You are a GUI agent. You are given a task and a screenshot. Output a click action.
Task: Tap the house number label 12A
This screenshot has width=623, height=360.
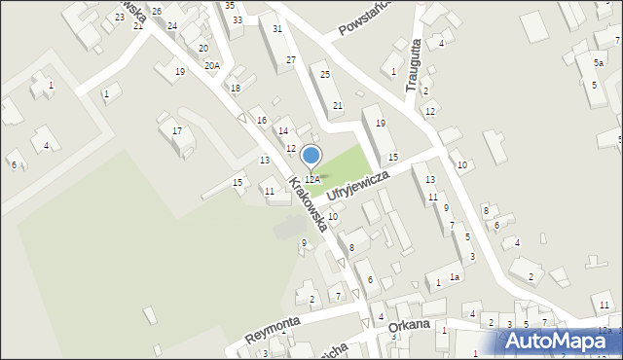click(311, 179)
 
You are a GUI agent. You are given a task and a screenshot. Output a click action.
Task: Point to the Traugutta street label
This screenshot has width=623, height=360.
click(413, 63)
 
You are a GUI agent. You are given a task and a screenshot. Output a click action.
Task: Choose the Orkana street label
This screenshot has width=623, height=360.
click(409, 328)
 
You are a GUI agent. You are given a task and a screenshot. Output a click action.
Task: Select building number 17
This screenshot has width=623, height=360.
click(176, 130)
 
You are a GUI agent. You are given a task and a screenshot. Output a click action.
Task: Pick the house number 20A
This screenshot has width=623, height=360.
click(211, 65)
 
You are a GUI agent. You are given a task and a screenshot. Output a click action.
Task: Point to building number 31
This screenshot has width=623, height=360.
click(277, 29)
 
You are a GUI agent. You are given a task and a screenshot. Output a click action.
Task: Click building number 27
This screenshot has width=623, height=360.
click(290, 60)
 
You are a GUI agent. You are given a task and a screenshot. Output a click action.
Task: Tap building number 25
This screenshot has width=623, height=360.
click(325, 75)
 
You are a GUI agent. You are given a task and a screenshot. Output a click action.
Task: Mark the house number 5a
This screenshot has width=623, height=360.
click(598, 62)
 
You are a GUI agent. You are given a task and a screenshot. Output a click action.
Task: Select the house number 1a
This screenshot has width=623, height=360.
click(454, 277)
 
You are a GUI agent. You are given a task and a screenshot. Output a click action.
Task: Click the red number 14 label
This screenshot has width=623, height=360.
click(282, 130)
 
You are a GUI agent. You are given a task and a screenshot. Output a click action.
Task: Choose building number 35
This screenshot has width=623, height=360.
click(230, 5)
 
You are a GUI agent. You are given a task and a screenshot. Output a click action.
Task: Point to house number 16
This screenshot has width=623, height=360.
click(261, 120)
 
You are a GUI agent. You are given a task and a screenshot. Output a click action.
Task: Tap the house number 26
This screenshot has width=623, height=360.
click(157, 11)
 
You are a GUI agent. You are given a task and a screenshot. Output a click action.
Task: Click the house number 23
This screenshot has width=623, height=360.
click(119, 17)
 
